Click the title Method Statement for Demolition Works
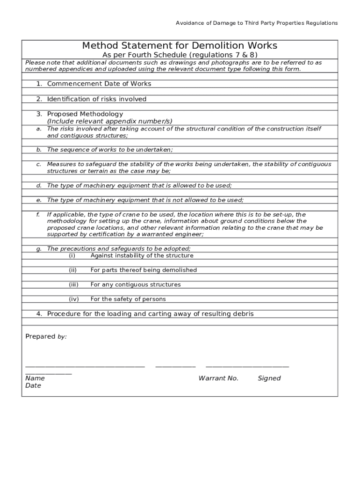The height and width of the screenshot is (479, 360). [x=180, y=45]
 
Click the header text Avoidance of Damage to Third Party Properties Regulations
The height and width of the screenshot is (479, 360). [x=256, y=23]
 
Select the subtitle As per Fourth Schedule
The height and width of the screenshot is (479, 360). [x=180, y=55]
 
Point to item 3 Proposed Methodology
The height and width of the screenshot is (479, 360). [x=85, y=114]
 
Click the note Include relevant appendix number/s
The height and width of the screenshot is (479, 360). [x=109, y=121]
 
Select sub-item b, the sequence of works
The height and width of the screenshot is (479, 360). [x=110, y=150]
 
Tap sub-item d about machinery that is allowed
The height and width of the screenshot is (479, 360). [x=139, y=186]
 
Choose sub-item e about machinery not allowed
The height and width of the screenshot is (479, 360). [x=145, y=200]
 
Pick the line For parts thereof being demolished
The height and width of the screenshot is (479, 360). [x=144, y=270]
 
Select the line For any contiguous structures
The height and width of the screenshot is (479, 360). [x=135, y=284]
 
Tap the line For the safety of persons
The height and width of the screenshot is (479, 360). [x=128, y=299]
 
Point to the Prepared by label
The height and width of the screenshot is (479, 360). [x=46, y=336]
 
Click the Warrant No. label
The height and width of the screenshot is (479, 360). [x=218, y=378]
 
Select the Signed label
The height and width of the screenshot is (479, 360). [x=269, y=378]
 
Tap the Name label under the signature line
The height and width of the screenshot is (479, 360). [x=35, y=378]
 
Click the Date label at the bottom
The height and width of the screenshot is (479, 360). [x=33, y=385]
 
